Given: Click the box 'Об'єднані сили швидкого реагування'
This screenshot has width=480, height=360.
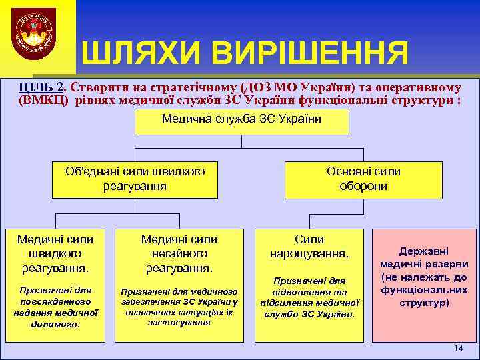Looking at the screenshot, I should [x=135, y=179].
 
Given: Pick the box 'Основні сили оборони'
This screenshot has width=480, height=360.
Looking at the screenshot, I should [x=363, y=179].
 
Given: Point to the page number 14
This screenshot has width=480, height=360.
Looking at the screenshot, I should [x=457, y=349].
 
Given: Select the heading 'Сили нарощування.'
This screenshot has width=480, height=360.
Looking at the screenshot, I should [x=309, y=247].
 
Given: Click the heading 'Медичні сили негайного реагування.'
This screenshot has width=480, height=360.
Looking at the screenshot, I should [x=179, y=253].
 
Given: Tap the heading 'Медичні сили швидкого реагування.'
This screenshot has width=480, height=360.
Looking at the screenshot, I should [x=55, y=253].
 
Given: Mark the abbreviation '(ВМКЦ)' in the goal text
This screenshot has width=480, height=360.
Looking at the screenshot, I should [x=45, y=101].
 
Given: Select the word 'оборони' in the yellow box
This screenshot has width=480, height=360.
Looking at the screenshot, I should [x=363, y=186].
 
